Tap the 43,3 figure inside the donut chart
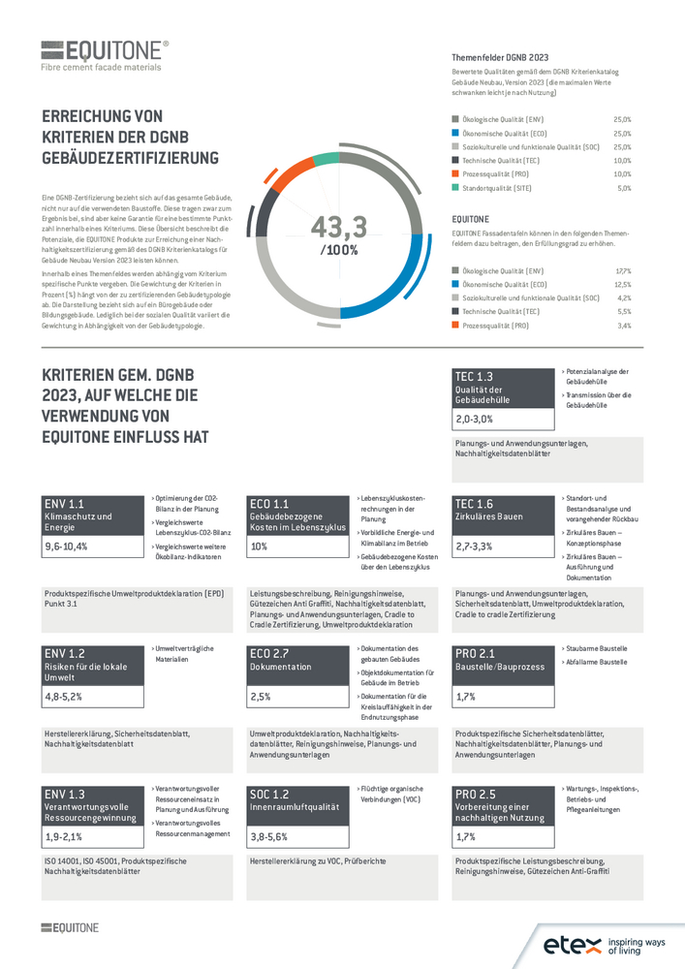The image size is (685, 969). [x=338, y=228]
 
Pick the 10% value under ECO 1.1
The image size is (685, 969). [x=259, y=547]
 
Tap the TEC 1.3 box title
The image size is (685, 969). [x=474, y=376]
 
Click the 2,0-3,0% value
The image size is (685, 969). [x=475, y=419]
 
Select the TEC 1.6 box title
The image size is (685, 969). [x=474, y=504]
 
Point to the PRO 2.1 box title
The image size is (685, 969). [x=475, y=653]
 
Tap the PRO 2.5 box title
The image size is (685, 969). [x=475, y=794]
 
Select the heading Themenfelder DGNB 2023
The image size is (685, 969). [x=501, y=57]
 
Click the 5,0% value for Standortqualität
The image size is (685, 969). [x=624, y=188]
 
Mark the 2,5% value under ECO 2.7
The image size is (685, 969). [x=260, y=696]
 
